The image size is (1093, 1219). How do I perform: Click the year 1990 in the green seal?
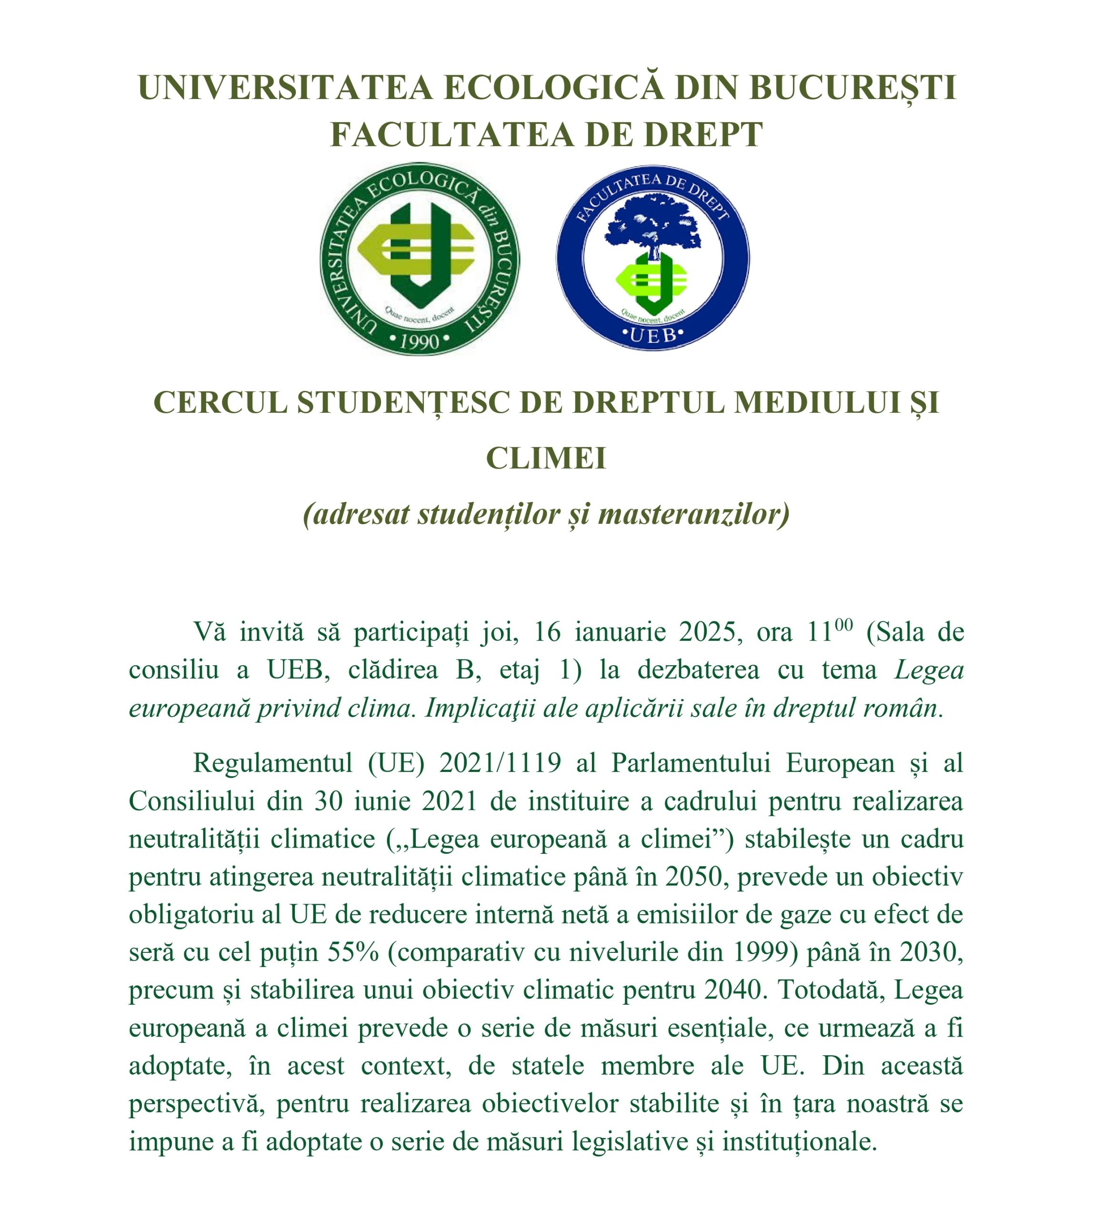420,341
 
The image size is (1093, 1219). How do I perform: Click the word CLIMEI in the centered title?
546,459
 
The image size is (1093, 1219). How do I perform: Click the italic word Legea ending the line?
928,670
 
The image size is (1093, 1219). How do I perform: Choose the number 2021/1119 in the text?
500,763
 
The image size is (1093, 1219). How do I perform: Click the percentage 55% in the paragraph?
353,952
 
